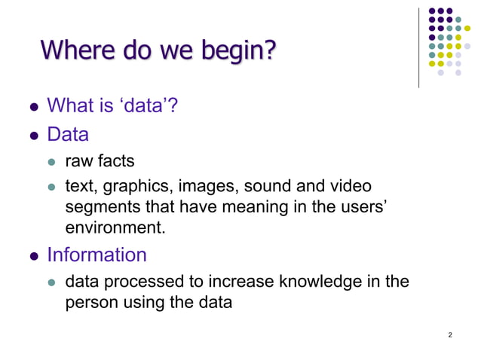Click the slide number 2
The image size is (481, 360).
(450, 334)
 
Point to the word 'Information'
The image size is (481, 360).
(97, 255)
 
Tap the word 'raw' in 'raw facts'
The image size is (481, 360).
(79, 162)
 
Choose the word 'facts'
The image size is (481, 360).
(117, 162)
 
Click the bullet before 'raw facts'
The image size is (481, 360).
(52, 163)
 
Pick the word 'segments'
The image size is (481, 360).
(99, 205)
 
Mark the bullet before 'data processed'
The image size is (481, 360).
(52, 283)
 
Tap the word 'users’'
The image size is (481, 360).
(365, 205)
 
